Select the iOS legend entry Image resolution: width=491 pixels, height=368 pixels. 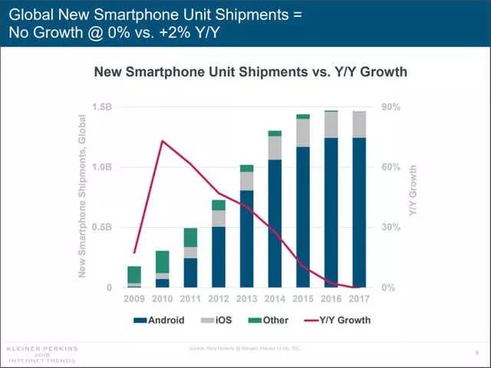(x=222, y=320)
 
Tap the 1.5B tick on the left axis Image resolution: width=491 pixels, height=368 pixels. (x=101, y=107)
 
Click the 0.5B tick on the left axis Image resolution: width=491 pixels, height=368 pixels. (x=101, y=228)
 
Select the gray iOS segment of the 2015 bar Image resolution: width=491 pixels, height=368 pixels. (x=303, y=133)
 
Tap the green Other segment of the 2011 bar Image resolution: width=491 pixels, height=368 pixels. (x=190, y=238)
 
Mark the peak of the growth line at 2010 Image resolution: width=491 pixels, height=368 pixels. (x=162, y=141)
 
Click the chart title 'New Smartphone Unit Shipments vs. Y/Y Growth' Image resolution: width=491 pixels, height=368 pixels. (x=249, y=72)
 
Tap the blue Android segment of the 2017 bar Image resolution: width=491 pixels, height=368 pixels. (x=358, y=215)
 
